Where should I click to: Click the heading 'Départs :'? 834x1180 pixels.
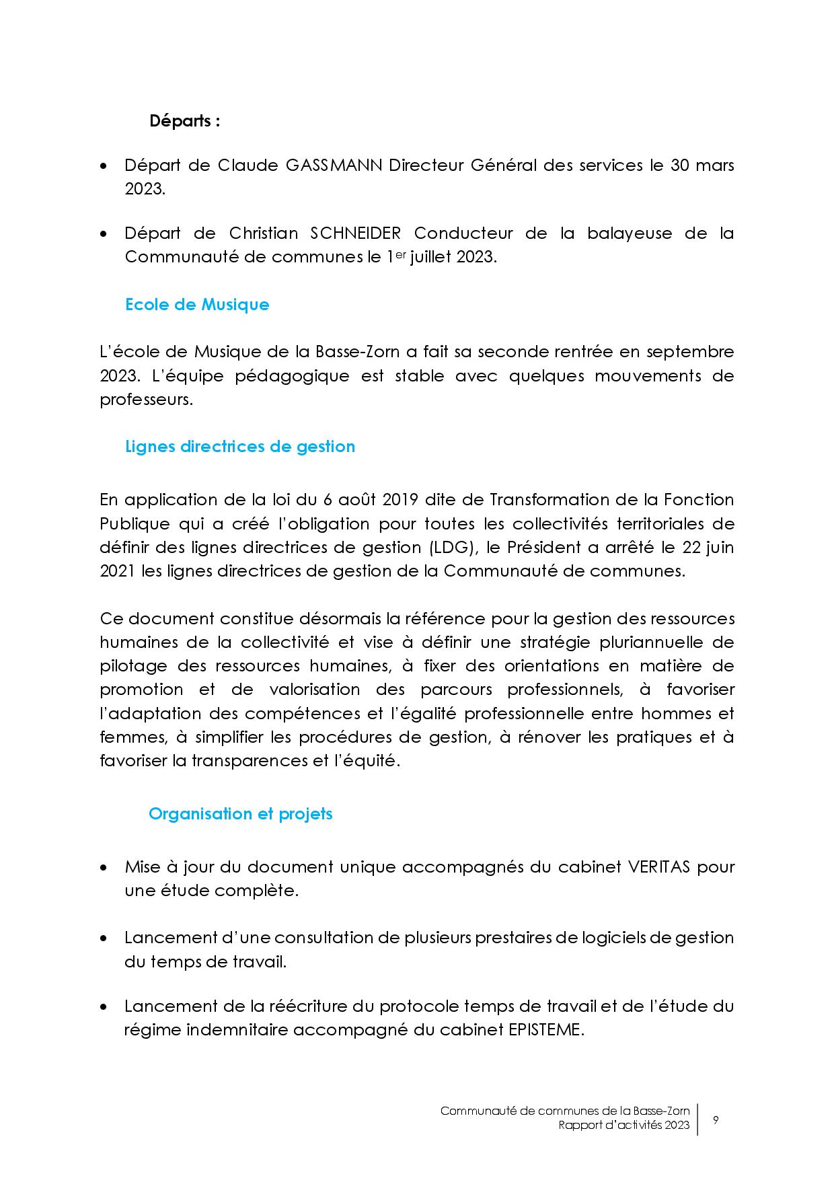184,122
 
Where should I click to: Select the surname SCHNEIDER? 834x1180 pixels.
356,233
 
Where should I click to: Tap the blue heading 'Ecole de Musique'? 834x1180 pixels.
197,305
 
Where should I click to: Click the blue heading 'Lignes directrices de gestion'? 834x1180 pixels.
240,447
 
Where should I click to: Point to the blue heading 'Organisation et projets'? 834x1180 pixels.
240,814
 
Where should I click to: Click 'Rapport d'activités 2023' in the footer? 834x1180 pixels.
623,1126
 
